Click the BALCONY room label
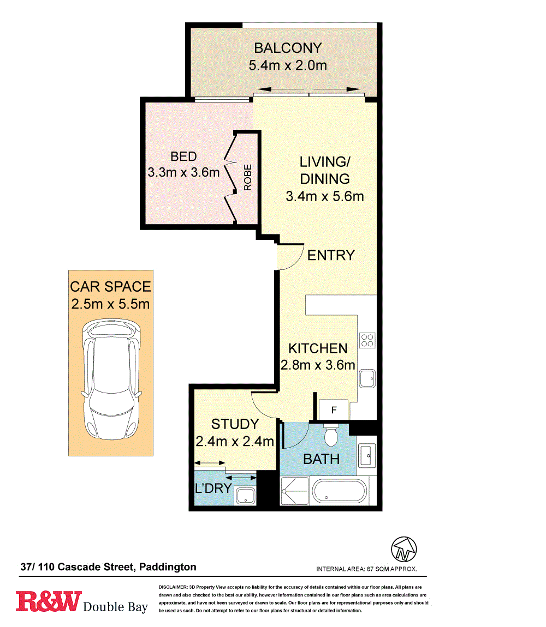(x=288, y=48)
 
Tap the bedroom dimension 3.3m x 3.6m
(x=183, y=172)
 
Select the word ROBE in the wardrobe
(x=248, y=178)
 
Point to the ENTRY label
(x=331, y=255)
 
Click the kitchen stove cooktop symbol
(x=367, y=340)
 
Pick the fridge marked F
(x=333, y=409)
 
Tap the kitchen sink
(x=367, y=378)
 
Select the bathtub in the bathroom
(x=339, y=491)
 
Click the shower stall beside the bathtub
(x=294, y=491)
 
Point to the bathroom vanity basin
(x=366, y=455)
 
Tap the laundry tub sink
(x=245, y=496)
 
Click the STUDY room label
(x=235, y=424)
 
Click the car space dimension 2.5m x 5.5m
(x=110, y=304)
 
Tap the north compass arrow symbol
(x=404, y=549)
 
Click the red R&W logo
(x=49, y=601)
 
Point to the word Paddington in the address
(x=168, y=568)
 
